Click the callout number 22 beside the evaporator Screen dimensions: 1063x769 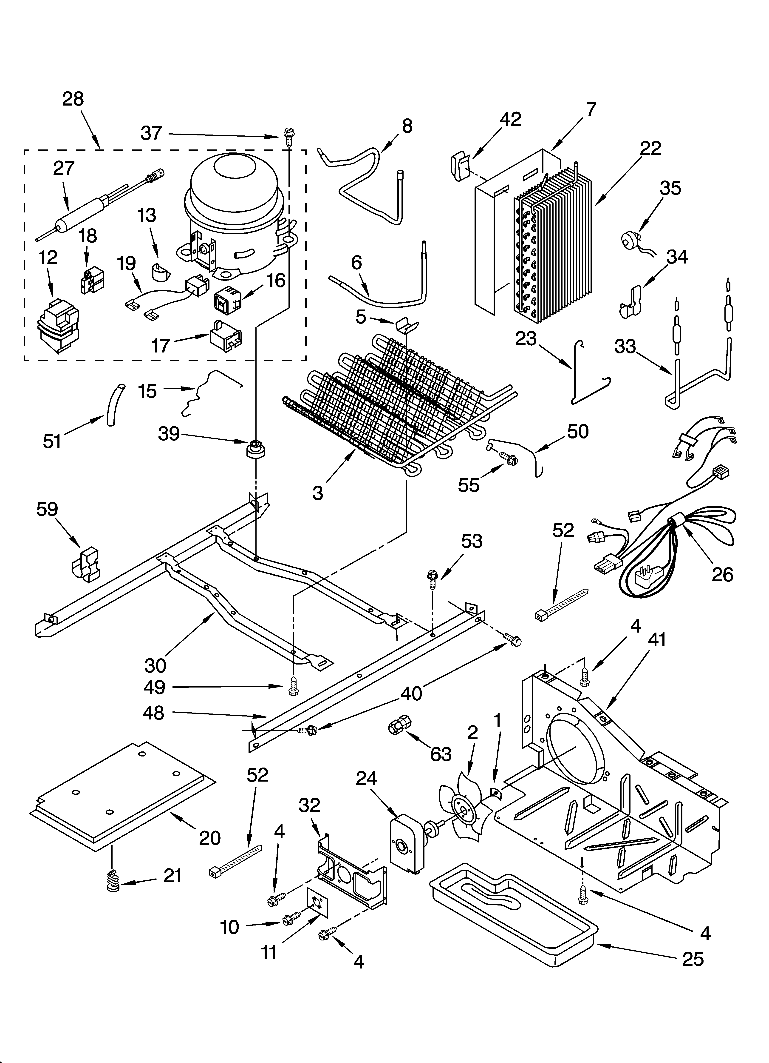coord(650,149)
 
